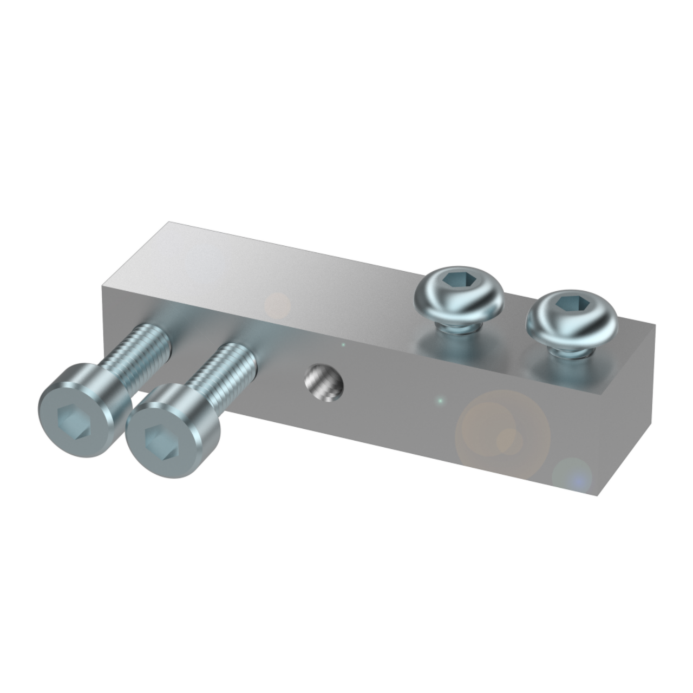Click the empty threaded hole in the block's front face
tap(324, 383)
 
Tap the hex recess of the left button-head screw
tap(459, 280)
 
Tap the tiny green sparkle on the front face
tap(440, 401)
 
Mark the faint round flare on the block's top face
tap(278, 304)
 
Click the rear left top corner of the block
tap(169, 221)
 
